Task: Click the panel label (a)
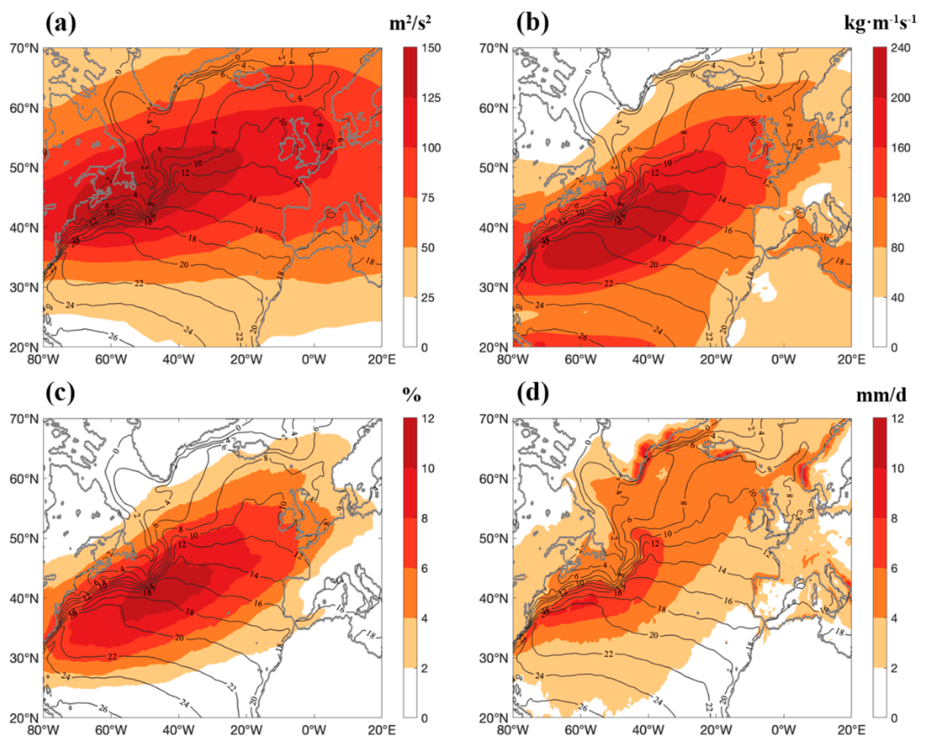(x=60, y=24)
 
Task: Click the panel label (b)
(x=532, y=24)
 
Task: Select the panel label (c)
(x=60, y=393)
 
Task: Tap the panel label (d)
(x=532, y=393)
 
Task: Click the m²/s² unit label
(x=410, y=24)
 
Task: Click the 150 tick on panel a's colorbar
(x=431, y=48)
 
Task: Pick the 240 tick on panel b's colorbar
(x=901, y=48)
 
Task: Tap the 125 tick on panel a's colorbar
(x=431, y=98)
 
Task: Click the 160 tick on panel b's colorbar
(x=901, y=148)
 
